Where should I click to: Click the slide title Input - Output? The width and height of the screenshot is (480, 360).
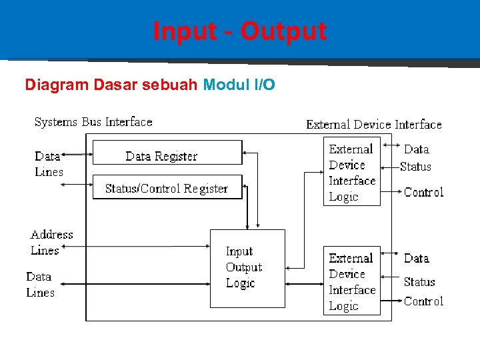point(240,31)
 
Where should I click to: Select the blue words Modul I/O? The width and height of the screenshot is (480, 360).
point(239,85)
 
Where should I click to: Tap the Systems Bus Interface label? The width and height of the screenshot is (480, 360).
point(93,122)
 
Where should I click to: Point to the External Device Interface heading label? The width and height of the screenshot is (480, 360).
point(373,125)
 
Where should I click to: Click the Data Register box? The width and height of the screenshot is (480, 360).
point(167,153)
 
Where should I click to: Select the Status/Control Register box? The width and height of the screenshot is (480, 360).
point(167,188)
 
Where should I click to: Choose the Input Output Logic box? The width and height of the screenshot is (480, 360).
point(247,268)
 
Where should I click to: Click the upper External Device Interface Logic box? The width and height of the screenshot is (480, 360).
point(351,172)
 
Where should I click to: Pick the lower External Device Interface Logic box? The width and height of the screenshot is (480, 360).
point(351,281)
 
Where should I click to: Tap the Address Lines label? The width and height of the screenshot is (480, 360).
point(51,243)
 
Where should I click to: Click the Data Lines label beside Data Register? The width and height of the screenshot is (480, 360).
point(49,164)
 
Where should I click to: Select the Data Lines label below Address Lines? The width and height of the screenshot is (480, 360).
point(40,285)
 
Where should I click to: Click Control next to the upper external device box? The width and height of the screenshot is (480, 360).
point(423,192)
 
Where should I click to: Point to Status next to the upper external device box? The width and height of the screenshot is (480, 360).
point(415,167)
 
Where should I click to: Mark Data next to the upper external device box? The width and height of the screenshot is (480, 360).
point(416,149)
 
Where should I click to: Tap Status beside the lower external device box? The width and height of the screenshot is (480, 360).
point(419,282)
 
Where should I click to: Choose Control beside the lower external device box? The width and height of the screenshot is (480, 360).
point(423,301)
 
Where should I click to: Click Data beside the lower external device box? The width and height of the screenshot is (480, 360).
point(416,258)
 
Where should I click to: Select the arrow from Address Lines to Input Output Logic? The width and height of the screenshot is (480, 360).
point(140,245)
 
